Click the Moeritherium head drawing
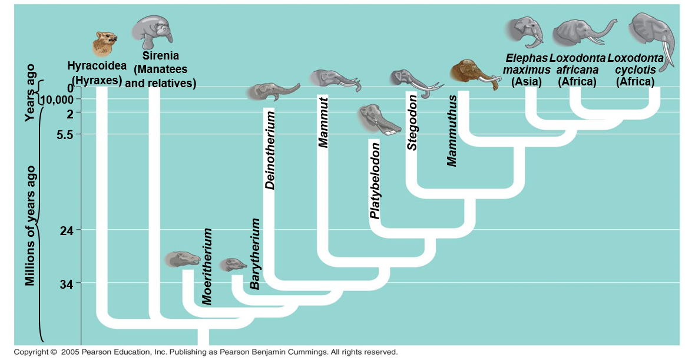click(x=183, y=258)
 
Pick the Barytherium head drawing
click(x=233, y=264)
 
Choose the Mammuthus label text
click(x=452, y=130)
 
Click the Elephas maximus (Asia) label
click(x=527, y=70)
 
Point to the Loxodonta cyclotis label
click(x=635, y=70)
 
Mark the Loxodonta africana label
click(x=577, y=70)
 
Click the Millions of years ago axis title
click(x=31, y=225)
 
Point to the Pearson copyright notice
click(x=206, y=352)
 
